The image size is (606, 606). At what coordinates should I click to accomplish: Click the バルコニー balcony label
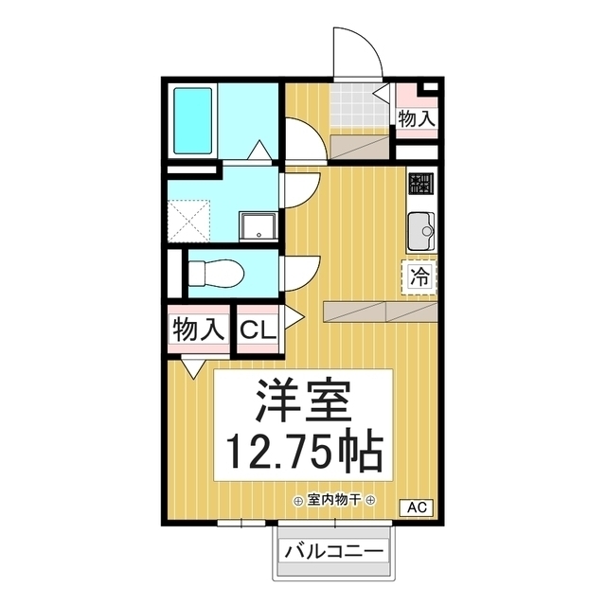pyautogui.click(x=332, y=551)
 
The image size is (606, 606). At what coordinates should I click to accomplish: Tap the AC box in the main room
pyautogui.click(x=418, y=508)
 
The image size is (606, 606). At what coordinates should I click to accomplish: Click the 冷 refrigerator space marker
pyautogui.click(x=418, y=276)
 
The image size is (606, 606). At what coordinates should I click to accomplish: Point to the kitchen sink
pyautogui.click(x=419, y=228)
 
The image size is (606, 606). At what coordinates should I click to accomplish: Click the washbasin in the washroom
pyautogui.click(x=256, y=226)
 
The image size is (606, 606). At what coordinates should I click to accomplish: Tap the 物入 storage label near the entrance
pyautogui.click(x=417, y=118)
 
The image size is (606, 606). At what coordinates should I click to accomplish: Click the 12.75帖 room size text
pyautogui.click(x=303, y=453)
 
